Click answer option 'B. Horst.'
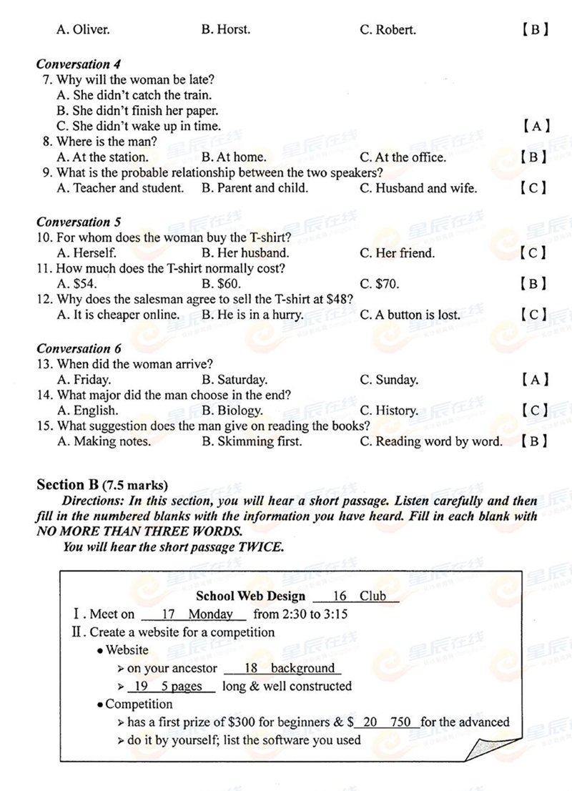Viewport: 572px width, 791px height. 226,29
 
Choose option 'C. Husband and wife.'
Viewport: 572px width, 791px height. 418,188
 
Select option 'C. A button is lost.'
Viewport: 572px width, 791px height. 410,314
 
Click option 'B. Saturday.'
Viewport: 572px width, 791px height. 234,380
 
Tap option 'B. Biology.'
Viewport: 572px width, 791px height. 232,411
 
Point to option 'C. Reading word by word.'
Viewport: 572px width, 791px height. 431,441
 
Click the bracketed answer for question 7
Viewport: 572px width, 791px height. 536,127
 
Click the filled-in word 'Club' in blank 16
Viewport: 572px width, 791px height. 373,596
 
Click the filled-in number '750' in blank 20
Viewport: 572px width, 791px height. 401,722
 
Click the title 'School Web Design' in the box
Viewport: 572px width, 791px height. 250,596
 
